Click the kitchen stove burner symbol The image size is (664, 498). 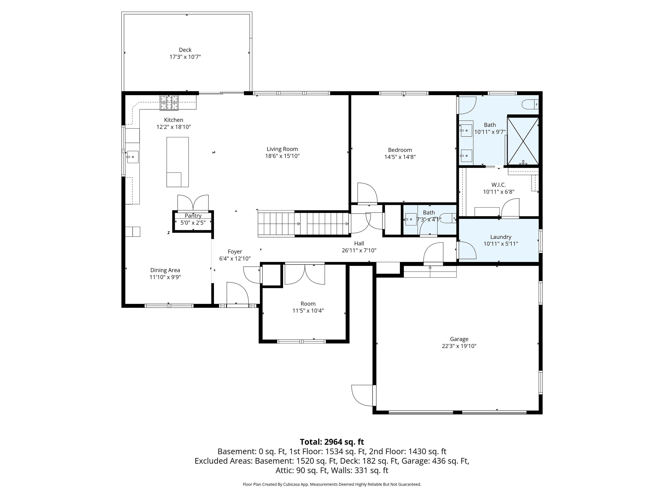169,103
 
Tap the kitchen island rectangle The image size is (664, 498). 177,162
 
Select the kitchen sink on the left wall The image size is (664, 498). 133,157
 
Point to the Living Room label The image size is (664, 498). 282,149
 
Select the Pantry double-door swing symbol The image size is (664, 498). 193,203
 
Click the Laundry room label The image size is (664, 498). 500,237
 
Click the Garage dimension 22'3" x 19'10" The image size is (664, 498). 459,346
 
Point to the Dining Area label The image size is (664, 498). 165,270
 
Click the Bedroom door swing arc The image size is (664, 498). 367,193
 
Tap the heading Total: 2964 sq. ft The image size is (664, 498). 332,442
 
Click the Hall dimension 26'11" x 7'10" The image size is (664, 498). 359,250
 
